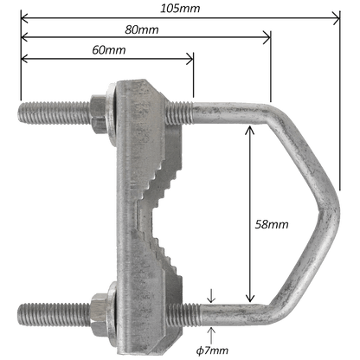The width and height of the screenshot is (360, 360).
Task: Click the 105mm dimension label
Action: point(180,8)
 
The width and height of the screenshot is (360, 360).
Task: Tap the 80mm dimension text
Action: point(142,29)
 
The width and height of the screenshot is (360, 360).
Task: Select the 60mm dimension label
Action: point(109,50)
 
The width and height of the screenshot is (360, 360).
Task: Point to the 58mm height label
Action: point(272,224)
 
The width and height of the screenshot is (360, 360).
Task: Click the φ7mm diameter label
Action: point(212,350)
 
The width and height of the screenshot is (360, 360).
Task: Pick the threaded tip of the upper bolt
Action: point(21,113)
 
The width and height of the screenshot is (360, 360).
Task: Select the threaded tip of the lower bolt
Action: point(21,314)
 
